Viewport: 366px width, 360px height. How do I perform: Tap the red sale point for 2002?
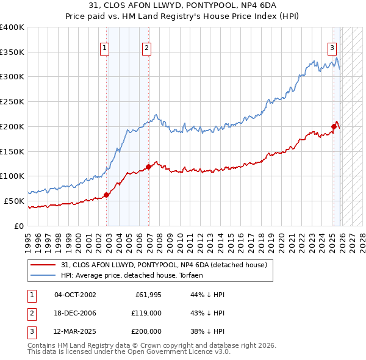[x=106, y=195]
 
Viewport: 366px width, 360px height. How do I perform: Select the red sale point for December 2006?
[x=149, y=166]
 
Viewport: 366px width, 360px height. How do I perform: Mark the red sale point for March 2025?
[x=334, y=126]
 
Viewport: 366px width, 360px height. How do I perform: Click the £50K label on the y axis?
[x=14, y=201]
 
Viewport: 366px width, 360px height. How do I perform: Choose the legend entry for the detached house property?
[x=164, y=265]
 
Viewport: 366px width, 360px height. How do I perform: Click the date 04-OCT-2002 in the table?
[x=75, y=295]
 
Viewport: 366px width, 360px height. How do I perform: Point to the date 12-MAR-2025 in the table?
[x=75, y=331]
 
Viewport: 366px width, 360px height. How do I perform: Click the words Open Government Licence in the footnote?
[x=180, y=352]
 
